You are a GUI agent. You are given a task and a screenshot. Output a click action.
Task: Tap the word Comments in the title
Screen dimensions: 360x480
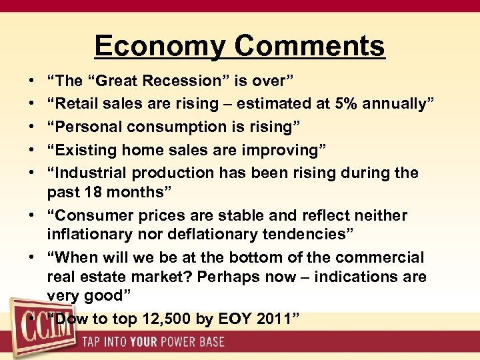310,46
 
